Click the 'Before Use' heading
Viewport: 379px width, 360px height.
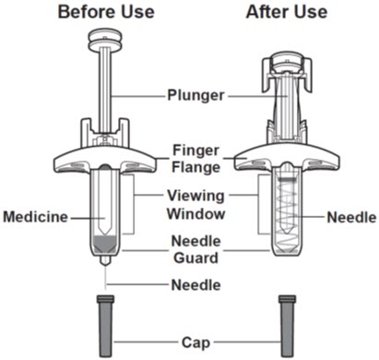tap(106, 12)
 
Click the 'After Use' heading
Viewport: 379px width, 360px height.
tap(287, 12)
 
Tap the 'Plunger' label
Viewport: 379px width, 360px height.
tap(195, 95)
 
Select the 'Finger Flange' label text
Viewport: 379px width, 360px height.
tap(195, 159)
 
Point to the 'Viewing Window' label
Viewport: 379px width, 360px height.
tap(195, 205)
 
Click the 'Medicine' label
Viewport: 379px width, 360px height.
tap(35, 217)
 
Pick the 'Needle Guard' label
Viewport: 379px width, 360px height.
tap(195, 249)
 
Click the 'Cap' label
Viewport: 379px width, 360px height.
tap(195, 342)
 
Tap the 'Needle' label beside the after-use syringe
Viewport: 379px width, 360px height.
tap(351, 218)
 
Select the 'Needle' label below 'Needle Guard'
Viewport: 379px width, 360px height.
tap(195, 285)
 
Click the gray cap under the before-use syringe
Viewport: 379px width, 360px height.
tap(105, 325)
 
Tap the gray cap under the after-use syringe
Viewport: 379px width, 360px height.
tap(287, 325)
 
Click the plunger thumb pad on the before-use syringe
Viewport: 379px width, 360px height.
tap(105, 40)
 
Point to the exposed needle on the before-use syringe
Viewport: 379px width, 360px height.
tap(106, 277)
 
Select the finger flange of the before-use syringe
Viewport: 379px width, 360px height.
tap(105, 159)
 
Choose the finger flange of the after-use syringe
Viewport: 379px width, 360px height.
tap(287, 158)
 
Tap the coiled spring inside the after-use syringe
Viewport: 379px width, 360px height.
tap(287, 212)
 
